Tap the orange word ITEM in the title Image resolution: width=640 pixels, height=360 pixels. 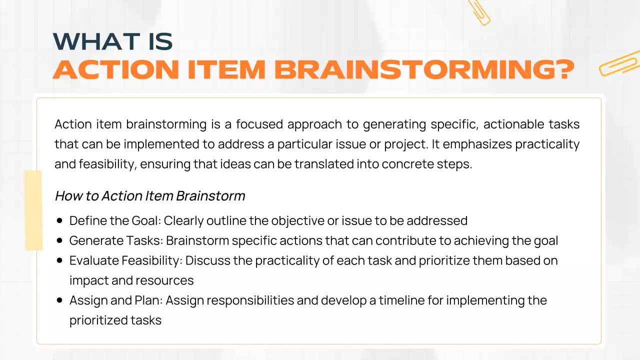227,70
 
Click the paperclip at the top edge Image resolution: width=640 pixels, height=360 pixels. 479,12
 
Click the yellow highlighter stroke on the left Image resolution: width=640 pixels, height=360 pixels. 33,210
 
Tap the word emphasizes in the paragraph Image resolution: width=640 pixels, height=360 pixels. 476,144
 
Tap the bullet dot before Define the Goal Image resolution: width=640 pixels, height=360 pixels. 60,220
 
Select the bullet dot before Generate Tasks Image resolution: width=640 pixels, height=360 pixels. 60,240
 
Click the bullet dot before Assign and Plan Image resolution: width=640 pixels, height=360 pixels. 60,300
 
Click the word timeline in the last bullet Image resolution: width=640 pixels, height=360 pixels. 401,300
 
